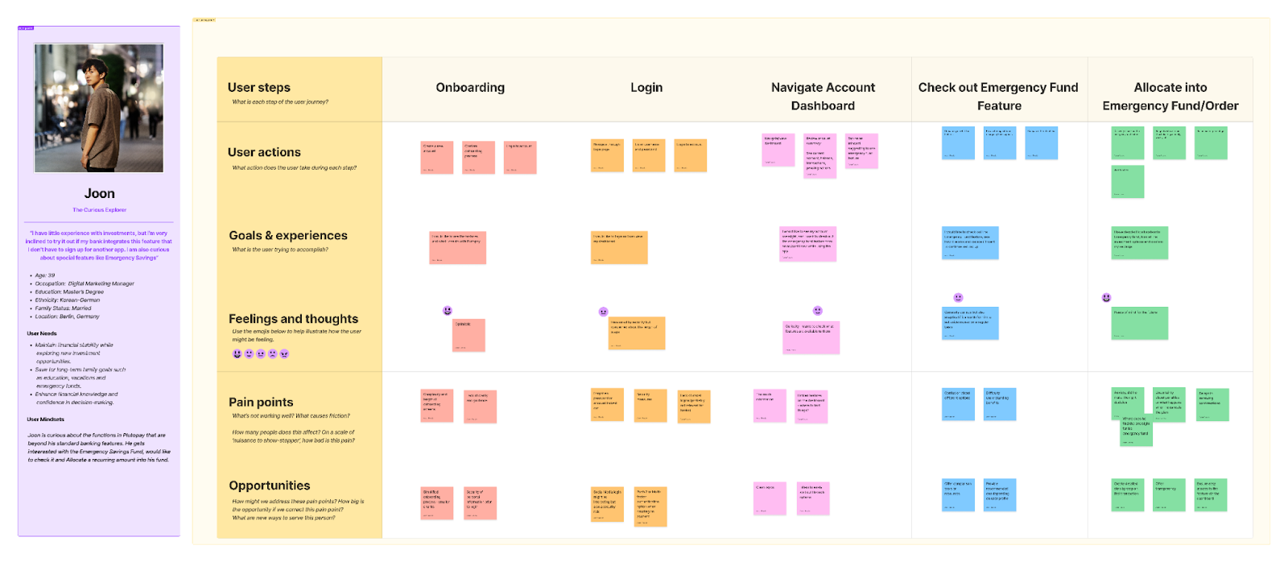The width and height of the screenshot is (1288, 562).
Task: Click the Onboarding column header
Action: pyautogui.click(x=470, y=88)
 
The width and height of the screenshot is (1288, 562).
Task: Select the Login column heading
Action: pyautogui.click(x=646, y=88)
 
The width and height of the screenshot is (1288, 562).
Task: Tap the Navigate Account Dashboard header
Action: pyautogui.click(x=823, y=97)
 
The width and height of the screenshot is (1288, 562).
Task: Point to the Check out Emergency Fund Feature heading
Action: pyautogui.click(x=998, y=97)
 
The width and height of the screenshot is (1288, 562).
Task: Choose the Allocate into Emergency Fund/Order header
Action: pyautogui.click(x=1170, y=97)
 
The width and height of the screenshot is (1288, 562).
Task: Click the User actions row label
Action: pyautogui.click(x=264, y=152)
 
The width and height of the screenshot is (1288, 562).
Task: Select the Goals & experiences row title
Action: pyautogui.click(x=288, y=236)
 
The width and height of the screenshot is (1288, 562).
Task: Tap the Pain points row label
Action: pyautogui.click(x=261, y=403)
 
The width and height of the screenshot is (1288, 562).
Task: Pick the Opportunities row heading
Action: pyautogui.click(x=270, y=486)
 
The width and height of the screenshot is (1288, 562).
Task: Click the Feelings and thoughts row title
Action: pyautogui.click(x=293, y=319)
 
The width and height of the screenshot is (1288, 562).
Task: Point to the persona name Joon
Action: pyautogui.click(x=100, y=193)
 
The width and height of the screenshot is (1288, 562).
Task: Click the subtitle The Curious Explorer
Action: pyautogui.click(x=100, y=210)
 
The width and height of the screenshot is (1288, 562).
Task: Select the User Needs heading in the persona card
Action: pyautogui.click(x=42, y=333)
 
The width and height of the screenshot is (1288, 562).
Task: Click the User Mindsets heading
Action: pyautogui.click(x=46, y=419)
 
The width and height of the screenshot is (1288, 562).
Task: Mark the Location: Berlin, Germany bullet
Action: pyautogui.click(x=68, y=316)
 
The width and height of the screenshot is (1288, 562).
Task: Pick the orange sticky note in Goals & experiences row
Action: pyautogui.click(x=619, y=247)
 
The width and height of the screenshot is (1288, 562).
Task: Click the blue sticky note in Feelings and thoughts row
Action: pyautogui.click(x=970, y=323)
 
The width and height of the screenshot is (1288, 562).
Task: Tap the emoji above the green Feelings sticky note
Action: pyautogui.click(x=1107, y=298)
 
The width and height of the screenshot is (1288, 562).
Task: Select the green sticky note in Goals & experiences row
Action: pyautogui.click(x=1139, y=242)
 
